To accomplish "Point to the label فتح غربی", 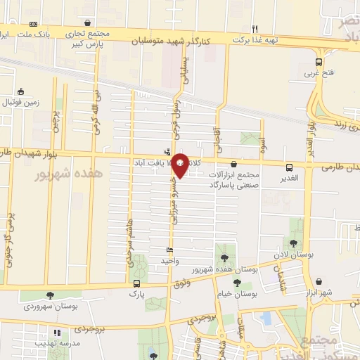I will coord(313,72).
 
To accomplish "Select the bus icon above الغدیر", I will coord(290,167).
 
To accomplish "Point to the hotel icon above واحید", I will coord(169,250).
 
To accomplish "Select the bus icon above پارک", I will coord(136,284).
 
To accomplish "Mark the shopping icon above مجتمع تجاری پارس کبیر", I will coord(86,22).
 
